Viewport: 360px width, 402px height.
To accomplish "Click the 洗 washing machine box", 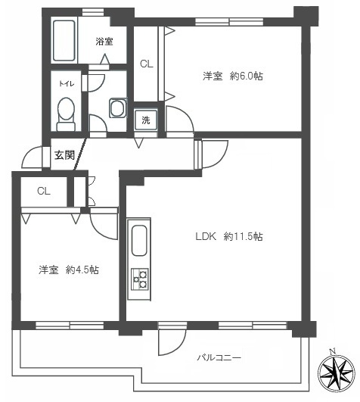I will coord(146,120).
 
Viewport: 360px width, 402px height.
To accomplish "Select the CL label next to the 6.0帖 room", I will coord(146,64).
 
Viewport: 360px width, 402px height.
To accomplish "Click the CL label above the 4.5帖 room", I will coord(44,191).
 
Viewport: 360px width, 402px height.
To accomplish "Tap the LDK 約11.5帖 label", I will coord(228,236).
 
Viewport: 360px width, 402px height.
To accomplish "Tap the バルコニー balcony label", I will coord(219,356).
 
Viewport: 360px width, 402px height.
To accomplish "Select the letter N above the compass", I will coord(333,351).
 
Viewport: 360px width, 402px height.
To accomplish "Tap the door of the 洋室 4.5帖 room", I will coord(101,224).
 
